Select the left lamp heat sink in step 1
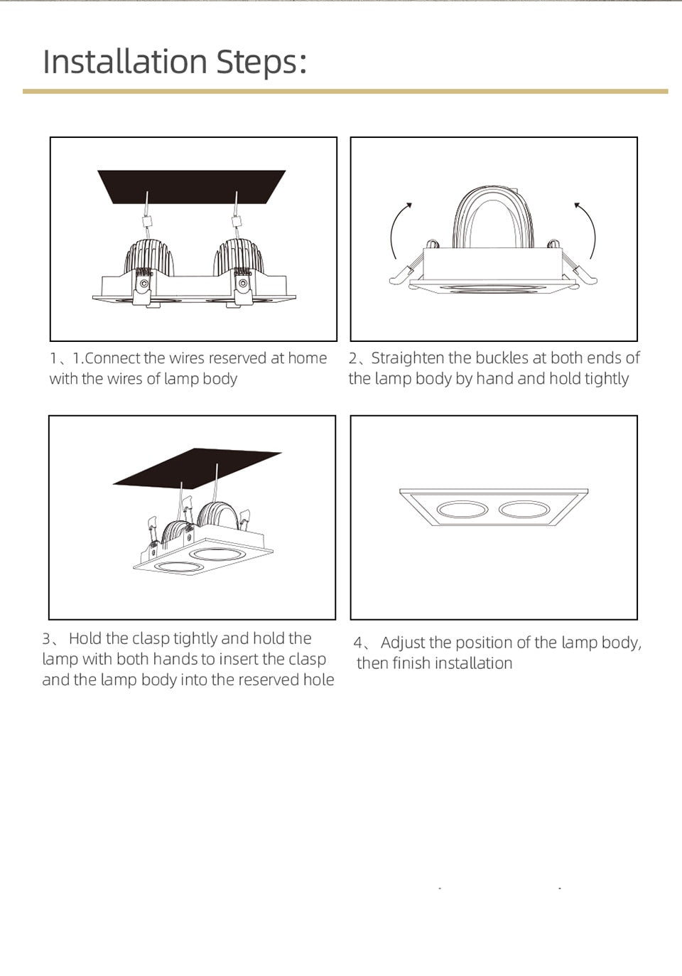coord(149,257)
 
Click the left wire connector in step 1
coord(147,221)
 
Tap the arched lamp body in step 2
coord(493,218)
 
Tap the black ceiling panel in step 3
coord(197,467)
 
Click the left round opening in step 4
coord(462,510)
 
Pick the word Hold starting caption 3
coord(85,638)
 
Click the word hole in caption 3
coord(318,680)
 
